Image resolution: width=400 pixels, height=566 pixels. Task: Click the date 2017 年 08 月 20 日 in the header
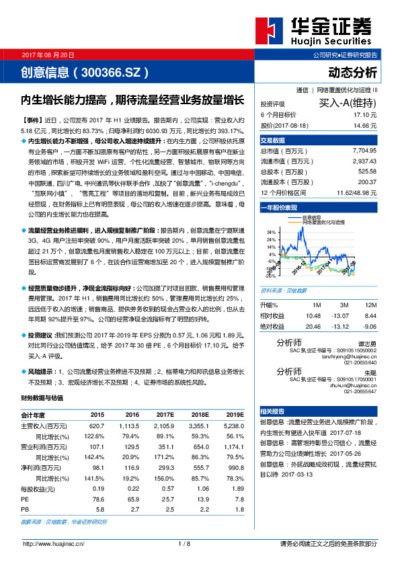coord(48,54)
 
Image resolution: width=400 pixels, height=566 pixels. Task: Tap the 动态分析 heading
coord(352,73)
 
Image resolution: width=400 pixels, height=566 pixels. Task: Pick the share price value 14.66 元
coord(365,125)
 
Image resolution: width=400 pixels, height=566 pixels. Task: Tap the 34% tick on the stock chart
coord(271,231)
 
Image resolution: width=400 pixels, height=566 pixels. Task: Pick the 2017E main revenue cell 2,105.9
coord(163,426)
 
